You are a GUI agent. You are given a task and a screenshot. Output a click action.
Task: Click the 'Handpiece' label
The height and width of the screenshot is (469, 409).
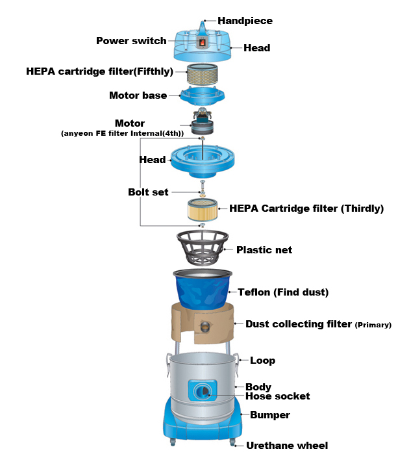click(x=245, y=21)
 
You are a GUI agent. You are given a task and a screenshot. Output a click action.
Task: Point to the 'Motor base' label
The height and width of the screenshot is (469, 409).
click(x=138, y=95)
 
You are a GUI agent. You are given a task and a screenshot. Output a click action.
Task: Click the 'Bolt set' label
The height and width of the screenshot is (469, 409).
click(x=148, y=192)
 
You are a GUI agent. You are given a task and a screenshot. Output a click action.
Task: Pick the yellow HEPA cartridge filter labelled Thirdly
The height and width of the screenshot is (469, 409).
click(x=203, y=210)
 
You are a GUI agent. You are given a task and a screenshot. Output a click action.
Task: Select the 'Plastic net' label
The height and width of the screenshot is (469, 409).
click(x=264, y=250)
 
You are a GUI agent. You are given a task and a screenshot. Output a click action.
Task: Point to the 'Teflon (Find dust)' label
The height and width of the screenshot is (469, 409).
click(x=283, y=292)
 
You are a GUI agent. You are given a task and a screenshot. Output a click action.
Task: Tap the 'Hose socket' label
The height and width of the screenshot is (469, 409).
click(x=277, y=396)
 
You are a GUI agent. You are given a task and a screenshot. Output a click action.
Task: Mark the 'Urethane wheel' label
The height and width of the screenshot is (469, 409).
click(x=286, y=446)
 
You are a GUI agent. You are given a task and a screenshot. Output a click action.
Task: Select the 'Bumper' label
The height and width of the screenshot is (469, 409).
click(x=269, y=414)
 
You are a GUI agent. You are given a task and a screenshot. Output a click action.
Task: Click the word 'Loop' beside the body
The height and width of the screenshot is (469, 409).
click(x=262, y=361)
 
